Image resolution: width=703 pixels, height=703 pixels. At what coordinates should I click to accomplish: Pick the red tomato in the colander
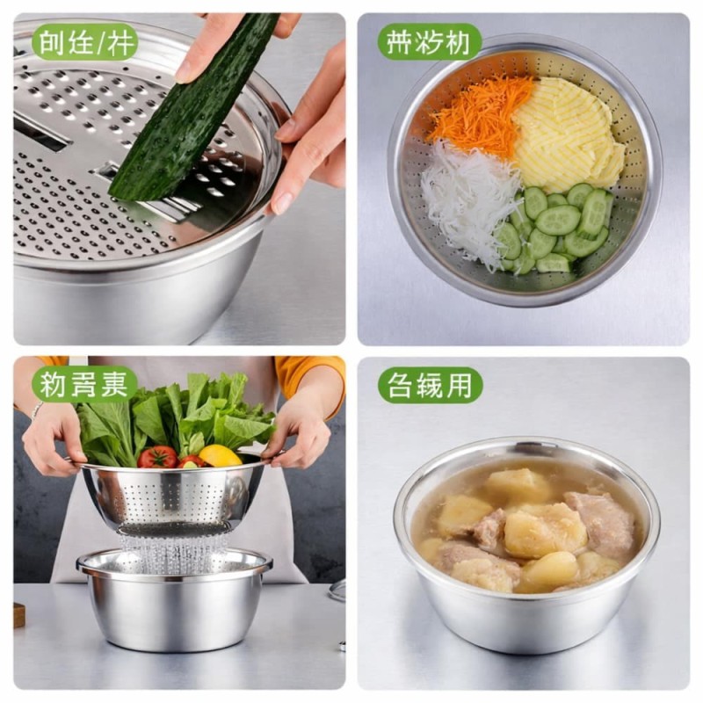pyautogui.click(x=158, y=457)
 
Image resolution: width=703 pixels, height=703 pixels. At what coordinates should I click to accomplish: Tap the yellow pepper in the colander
pyautogui.click(x=219, y=455)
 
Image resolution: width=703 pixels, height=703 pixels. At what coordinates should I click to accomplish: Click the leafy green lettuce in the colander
pyautogui.click(x=176, y=413)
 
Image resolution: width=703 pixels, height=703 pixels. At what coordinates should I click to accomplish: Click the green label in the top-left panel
pyautogui.click(x=84, y=42)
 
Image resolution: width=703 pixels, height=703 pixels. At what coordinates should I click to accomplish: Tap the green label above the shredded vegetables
pyautogui.click(x=430, y=42)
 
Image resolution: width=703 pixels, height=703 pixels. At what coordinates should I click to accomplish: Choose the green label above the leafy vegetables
pyautogui.click(x=84, y=385)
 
